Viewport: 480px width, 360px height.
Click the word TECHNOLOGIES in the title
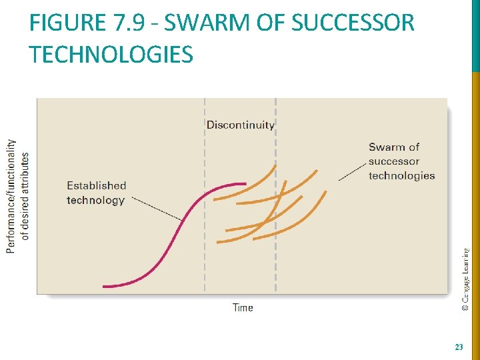point(111,55)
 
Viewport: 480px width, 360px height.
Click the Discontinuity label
point(240,125)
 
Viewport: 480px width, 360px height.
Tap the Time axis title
point(243,307)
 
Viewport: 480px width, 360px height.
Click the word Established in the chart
point(96,185)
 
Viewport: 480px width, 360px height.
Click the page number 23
point(458,347)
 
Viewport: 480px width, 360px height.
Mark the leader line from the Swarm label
point(351,172)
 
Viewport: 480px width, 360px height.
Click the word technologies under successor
point(401,176)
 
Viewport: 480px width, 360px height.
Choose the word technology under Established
point(95,200)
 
